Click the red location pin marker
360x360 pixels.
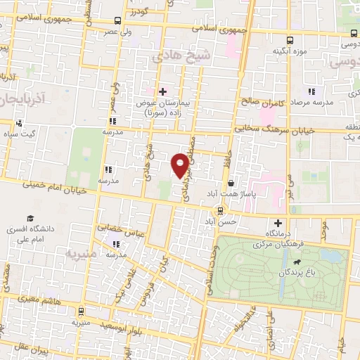pos(180,166)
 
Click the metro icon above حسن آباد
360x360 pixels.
pos(220,210)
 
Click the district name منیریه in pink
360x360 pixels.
pos(79,251)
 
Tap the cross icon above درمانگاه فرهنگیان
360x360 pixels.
pos(278,222)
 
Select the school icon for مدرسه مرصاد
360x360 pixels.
pos(309,92)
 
